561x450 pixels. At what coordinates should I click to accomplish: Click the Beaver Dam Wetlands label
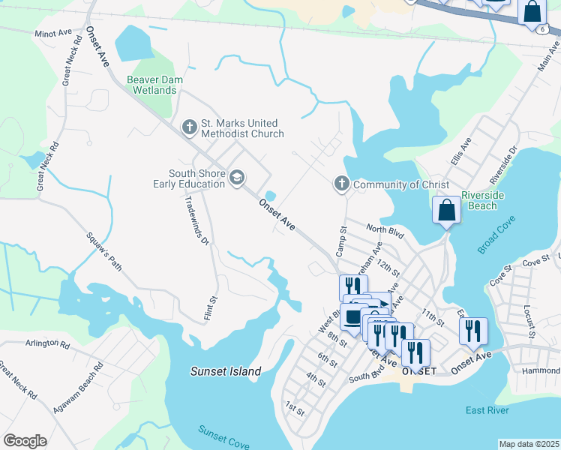tap(155, 85)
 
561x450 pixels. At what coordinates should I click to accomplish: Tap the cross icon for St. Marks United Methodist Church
tap(188, 127)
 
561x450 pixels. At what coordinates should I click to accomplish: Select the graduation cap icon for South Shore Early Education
tap(237, 178)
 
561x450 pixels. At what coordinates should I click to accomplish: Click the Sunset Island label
tap(226, 371)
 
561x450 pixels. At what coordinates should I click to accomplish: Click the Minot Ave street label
tap(52, 34)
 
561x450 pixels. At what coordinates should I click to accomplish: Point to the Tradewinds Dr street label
tap(196, 220)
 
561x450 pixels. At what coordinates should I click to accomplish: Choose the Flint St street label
tap(211, 309)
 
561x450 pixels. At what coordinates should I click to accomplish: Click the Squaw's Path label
tap(104, 250)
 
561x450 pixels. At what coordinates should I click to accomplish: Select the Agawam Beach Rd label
tap(78, 388)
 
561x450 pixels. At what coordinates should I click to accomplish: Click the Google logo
tap(25, 441)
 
